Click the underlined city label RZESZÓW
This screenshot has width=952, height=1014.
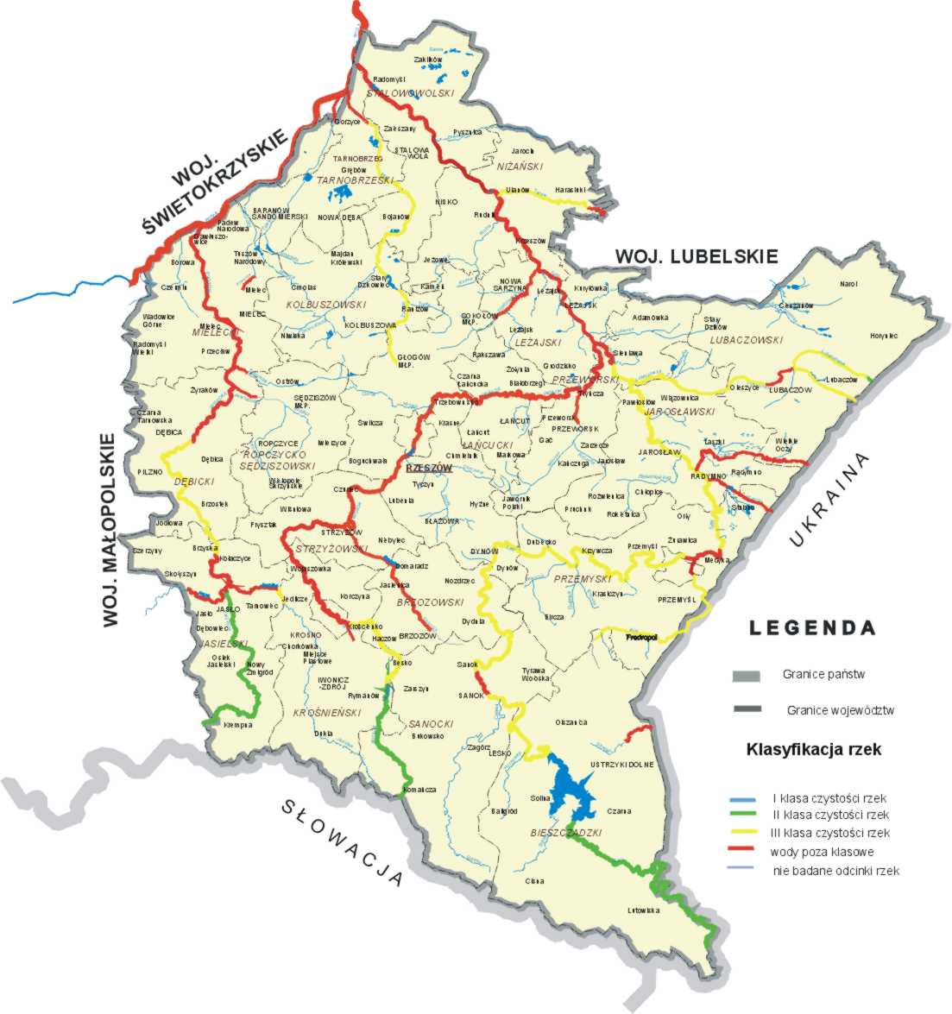pyautogui.click(x=429, y=467)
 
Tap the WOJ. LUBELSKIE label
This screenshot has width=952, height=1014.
pyautogui.click(x=697, y=256)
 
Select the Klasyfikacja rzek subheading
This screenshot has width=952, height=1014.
pyautogui.click(x=814, y=749)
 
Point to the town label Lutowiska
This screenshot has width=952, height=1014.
pyautogui.click(x=643, y=910)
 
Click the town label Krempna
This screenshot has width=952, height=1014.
pyautogui.click(x=237, y=725)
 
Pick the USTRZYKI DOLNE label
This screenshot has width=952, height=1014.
pyautogui.click(x=622, y=765)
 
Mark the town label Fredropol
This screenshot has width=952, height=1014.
pyautogui.click(x=641, y=637)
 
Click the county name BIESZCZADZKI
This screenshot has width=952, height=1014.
pyautogui.click(x=565, y=833)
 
